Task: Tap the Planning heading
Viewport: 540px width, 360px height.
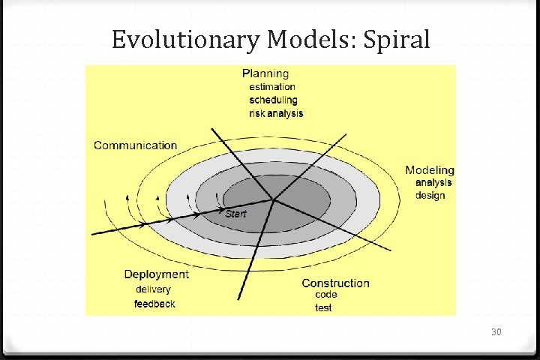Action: tap(265, 73)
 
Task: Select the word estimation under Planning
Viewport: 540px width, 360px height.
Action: tap(272, 87)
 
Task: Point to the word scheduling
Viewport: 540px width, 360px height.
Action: tap(273, 100)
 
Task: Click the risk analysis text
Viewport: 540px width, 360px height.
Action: tap(276, 113)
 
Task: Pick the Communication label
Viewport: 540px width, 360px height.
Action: tap(135, 145)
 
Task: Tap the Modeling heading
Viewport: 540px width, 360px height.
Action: tap(430, 170)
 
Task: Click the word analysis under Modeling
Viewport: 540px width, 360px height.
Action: tap(434, 182)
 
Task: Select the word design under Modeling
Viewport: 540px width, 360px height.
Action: tap(430, 196)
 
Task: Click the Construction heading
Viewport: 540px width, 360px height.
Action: tap(335, 283)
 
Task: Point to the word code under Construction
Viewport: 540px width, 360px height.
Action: tap(325, 295)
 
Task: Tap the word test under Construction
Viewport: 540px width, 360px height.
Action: tap(323, 307)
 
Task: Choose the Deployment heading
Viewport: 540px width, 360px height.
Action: tap(156, 274)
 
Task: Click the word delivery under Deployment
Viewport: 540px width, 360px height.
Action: tap(153, 289)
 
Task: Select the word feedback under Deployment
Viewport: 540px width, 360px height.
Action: tap(154, 304)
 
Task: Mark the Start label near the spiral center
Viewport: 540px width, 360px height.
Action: tap(235, 214)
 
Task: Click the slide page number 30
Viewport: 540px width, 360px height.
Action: tap(496, 331)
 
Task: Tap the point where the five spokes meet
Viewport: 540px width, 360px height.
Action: tap(274, 199)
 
